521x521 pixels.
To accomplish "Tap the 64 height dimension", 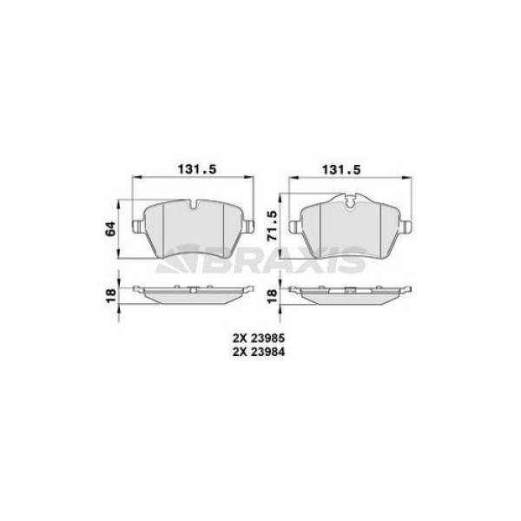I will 109,229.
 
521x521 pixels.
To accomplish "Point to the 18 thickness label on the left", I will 109,295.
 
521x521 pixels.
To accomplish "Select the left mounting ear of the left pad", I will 136,228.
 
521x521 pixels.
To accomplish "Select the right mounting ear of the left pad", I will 248,228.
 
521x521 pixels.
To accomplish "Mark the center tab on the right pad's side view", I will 348,287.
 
